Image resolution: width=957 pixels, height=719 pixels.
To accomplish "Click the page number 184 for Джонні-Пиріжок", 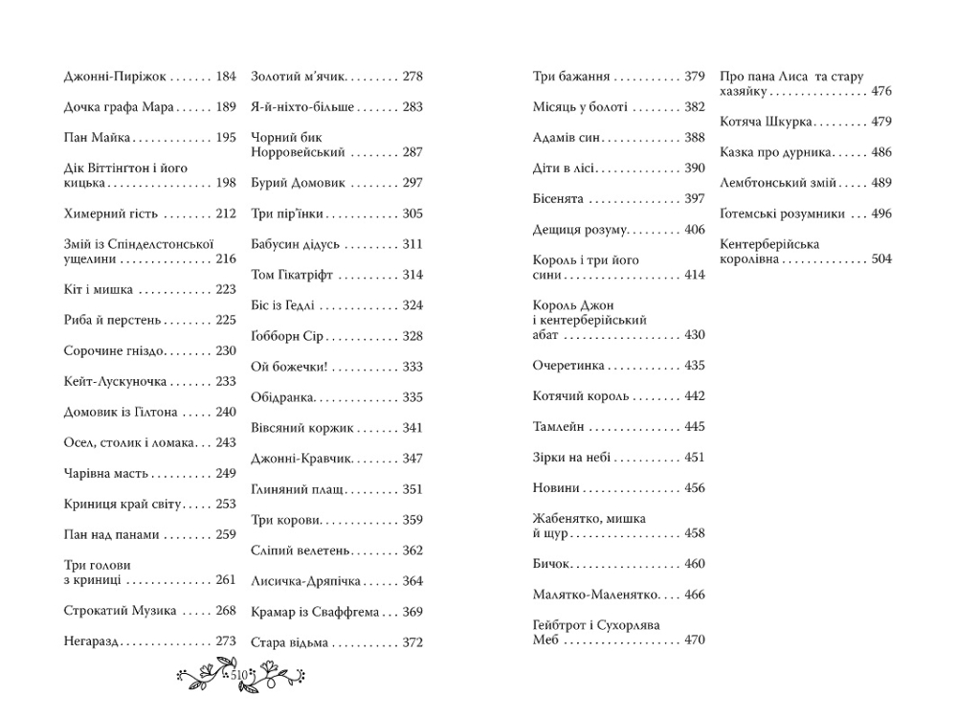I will tap(226, 77).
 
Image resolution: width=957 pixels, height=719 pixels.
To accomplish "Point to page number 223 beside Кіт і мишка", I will tap(226, 290).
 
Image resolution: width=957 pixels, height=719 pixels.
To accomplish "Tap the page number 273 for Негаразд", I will tap(226, 641).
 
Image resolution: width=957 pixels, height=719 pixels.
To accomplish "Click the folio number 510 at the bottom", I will tap(239, 676).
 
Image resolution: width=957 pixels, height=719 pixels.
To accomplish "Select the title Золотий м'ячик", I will tap(298, 77).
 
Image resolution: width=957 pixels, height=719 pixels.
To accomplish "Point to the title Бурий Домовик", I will tap(298, 183).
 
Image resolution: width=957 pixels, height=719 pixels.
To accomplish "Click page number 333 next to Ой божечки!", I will tap(412, 367).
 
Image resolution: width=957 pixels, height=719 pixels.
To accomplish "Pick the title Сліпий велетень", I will tap(300, 550).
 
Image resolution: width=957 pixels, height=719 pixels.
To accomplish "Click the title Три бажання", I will tap(570, 77).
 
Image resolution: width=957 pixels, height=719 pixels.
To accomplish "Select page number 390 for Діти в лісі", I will tap(695, 169).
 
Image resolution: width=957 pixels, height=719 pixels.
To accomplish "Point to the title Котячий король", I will tap(581, 396).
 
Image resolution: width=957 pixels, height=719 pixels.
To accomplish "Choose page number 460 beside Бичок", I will tap(695, 564).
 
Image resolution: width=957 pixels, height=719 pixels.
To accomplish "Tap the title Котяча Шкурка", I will tap(767, 122).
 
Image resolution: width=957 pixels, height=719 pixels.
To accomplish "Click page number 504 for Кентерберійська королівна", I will tap(881, 259).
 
